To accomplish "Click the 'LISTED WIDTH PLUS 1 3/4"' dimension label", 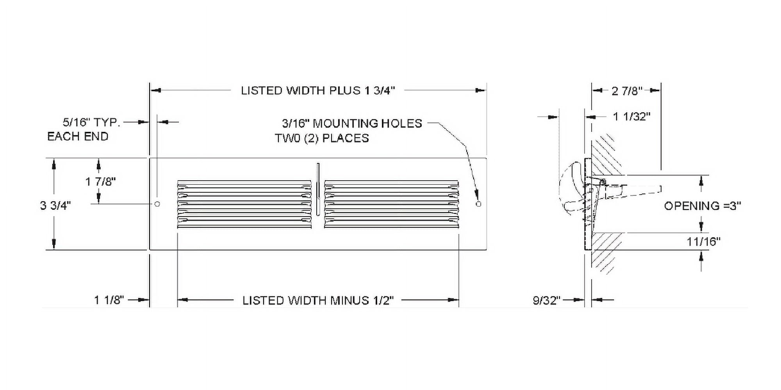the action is [318, 90].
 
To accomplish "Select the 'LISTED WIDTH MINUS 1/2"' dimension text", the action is [318, 300].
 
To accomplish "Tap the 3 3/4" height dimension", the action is [55, 206].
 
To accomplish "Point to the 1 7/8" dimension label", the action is [101, 181].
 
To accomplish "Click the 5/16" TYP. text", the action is [91, 122].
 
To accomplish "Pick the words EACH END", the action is [78, 136].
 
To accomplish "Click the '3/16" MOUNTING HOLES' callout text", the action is [352, 124].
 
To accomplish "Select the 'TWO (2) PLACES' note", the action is [322, 138].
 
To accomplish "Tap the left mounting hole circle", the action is [157, 204].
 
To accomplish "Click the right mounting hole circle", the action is [479, 204].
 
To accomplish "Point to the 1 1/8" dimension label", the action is [109, 300].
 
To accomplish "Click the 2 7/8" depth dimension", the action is [627, 91].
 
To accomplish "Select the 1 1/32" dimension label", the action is [632, 116].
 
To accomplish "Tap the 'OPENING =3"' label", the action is [703, 206].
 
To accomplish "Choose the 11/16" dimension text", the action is [703, 241].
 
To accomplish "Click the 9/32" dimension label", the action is [547, 300].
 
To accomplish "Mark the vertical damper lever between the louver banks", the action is [318, 189].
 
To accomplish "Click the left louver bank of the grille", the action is [244, 204].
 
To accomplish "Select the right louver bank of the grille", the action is [391, 204].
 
